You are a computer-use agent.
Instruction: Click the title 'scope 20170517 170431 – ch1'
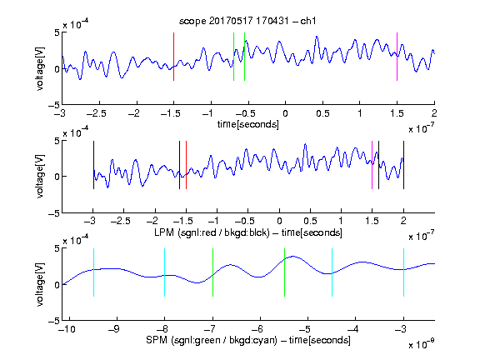pos(247,21)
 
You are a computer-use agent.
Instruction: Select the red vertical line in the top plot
pos(173,57)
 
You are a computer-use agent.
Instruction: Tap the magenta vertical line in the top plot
pos(397,57)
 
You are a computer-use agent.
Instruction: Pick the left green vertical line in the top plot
pos(233,57)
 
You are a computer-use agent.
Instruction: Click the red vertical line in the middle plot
pos(186,165)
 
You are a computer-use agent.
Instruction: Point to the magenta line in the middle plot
pos(372,165)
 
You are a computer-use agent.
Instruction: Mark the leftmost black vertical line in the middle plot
pos(93,165)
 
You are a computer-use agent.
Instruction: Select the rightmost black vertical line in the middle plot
pos(403,165)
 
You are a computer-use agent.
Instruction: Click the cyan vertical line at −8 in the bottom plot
pos(165,272)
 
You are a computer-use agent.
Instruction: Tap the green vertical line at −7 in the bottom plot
pos(212,272)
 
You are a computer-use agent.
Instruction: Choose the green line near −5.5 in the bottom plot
pos(284,272)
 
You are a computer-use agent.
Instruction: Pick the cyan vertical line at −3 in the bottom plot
pos(403,272)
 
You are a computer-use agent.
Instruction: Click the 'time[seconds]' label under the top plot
pos(248,125)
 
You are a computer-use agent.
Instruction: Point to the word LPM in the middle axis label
pos(164,232)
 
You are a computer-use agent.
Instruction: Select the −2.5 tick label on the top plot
pos(97,113)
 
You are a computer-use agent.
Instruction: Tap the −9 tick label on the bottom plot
pos(114,329)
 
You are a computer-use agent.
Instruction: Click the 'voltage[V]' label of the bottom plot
pos(40,285)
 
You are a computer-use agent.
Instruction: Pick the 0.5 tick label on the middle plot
pos(310,221)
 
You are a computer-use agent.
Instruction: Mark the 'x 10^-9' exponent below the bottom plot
pos(422,344)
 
